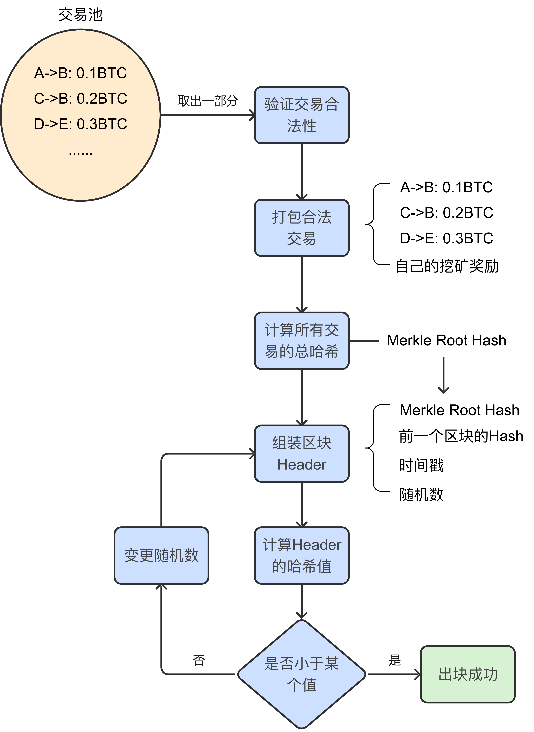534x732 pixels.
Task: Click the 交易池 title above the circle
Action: point(81,15)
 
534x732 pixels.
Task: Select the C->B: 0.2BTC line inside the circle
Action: point(81,98)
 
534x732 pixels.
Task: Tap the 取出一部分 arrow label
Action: point(208,101)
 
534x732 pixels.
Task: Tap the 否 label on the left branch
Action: point(199,660)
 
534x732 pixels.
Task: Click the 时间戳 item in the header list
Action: point(421,465)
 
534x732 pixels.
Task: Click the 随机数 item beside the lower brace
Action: point(421,494)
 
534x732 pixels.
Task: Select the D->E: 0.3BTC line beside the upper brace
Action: point(446,238)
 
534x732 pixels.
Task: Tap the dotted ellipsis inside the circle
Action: point(81,153)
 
